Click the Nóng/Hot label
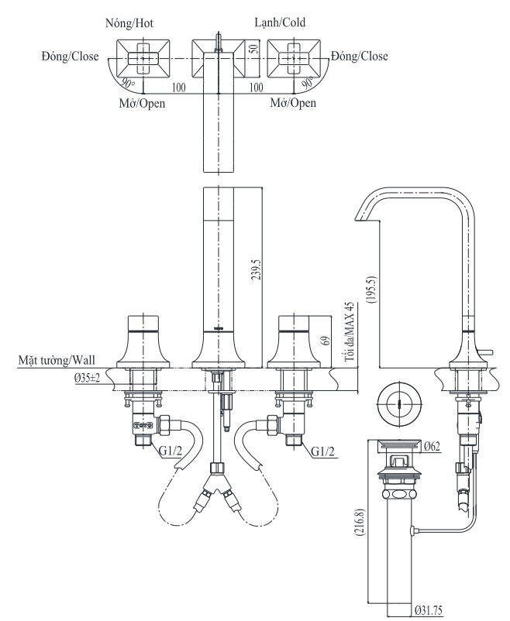(129, 23)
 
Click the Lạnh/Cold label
(280, 23)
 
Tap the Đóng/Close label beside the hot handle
(71, 57)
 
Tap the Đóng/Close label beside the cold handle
(360, 57)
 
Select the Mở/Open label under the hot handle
(142, 103)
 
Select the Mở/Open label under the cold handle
(293, 103)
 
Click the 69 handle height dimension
(327, 340)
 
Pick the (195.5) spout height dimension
(372, 290)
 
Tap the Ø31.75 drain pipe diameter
(429, 610)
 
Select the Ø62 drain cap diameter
(432, 447)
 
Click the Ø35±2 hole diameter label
(87, 378)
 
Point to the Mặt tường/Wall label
(57, 360)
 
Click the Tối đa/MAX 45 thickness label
(349, 332)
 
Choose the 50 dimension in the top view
(255, 48)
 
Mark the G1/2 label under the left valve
(171, 451)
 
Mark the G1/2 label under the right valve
(322, 451)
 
